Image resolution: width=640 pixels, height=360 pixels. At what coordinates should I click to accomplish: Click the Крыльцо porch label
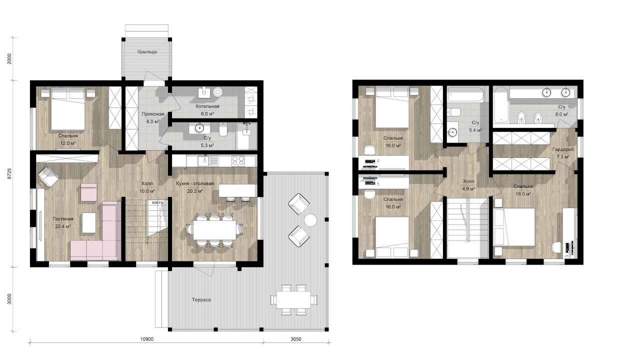click(147, 51)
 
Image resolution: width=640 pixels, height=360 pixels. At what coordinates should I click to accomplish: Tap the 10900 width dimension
click(147, 339)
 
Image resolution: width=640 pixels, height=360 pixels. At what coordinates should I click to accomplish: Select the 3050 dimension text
click(295, 339)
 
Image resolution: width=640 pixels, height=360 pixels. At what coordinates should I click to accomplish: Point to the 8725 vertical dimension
click(9, 173)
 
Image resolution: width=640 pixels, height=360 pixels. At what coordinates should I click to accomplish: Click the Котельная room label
click(207, 106)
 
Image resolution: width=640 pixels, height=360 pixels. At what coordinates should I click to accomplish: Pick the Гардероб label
click(563, 149)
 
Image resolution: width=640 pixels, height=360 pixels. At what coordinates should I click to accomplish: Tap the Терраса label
click(201, 299)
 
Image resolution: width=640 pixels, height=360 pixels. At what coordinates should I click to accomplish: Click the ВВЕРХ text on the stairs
click(157, 202)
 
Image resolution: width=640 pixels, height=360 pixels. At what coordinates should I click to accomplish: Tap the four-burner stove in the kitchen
click(238, 160)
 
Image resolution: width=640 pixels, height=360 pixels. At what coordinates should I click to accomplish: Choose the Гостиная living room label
click(63, 219)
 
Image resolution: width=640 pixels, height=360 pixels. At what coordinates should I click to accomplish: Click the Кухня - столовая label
click(195, 183)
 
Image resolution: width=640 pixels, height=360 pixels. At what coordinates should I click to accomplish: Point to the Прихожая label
click(153, 114)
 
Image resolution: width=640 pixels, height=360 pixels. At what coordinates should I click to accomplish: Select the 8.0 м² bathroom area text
click(561, 114)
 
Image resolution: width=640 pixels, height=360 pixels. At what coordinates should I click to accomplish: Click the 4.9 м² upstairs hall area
click(468, 188)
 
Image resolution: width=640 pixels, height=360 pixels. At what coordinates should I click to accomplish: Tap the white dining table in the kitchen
click(214, 229)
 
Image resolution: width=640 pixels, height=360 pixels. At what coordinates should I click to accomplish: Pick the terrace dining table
click(293, 299)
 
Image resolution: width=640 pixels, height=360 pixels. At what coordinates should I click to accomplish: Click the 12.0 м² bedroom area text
click(67, 143)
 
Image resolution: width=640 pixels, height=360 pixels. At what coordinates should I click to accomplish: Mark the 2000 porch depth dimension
click(9, 58)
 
